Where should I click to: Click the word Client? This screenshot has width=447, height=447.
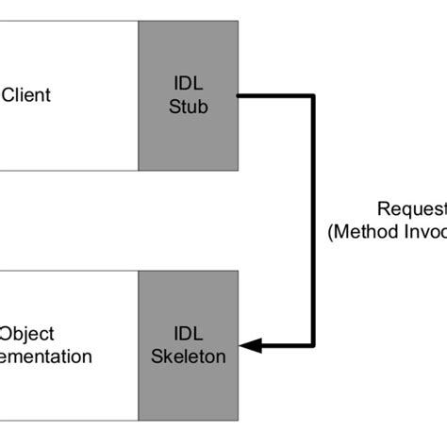coord(26,95)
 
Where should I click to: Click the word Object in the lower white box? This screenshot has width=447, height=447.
coord(27,335)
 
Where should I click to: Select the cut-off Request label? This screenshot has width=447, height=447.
coord(411,209)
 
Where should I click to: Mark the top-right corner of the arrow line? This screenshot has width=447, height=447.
coord(313,95)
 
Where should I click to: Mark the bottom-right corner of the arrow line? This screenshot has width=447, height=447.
coord(313,345)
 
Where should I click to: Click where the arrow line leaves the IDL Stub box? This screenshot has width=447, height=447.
coord(240,95)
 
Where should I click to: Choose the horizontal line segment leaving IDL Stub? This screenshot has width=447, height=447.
coord(275,95)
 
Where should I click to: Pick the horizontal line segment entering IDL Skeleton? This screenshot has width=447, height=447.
coord(283,345)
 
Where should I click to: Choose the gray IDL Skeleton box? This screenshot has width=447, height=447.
coord(189,396)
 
